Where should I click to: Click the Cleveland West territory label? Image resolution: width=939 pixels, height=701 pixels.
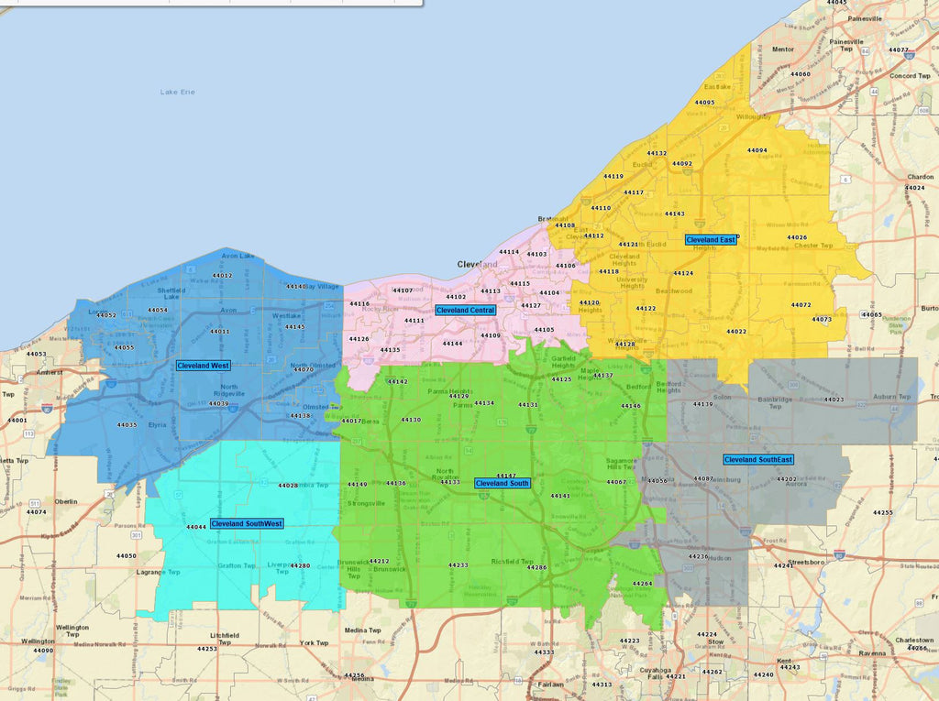coord(204,366)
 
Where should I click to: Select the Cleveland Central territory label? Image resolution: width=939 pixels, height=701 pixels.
coord(465,311)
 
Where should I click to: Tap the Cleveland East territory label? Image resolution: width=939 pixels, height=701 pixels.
coord(711,240)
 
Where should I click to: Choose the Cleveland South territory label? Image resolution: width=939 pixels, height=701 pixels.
coord(502,483)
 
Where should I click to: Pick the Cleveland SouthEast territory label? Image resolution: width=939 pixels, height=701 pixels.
coord(758,460)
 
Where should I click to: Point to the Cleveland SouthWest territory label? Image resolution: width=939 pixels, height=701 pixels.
coord(247,524)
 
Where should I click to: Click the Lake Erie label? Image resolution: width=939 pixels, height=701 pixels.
coord(177,92)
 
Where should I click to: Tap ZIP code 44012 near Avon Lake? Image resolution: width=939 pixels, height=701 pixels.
coord(222,276)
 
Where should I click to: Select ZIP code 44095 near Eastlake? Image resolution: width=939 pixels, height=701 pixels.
coord(704,103)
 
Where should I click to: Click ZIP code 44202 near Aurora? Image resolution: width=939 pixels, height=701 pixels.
coord(787,479)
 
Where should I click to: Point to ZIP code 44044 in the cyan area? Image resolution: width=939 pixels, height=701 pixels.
coord(196,528)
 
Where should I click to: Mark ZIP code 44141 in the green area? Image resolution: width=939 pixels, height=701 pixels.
coord(560,496)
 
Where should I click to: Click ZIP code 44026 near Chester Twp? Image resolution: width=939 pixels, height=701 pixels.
coord(797,238)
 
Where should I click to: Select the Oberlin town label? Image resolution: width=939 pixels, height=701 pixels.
coord(66,502)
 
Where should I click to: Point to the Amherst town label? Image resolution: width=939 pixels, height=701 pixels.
coord(50,373)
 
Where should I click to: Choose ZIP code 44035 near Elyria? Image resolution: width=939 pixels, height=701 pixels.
coord(127,425)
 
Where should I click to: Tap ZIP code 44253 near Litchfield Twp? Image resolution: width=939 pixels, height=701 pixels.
coord(207,649)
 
